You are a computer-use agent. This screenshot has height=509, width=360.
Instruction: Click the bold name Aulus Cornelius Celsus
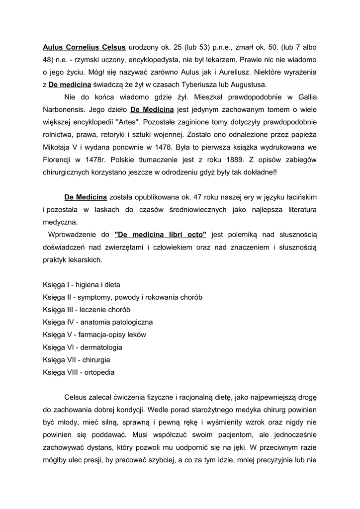point(84,48)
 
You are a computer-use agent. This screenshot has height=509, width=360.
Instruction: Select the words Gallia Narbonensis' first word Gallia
point(305,96)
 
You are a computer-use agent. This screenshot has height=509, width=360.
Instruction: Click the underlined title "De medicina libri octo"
point(160,234)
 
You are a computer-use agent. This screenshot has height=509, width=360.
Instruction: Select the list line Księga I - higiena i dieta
point(82,285)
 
